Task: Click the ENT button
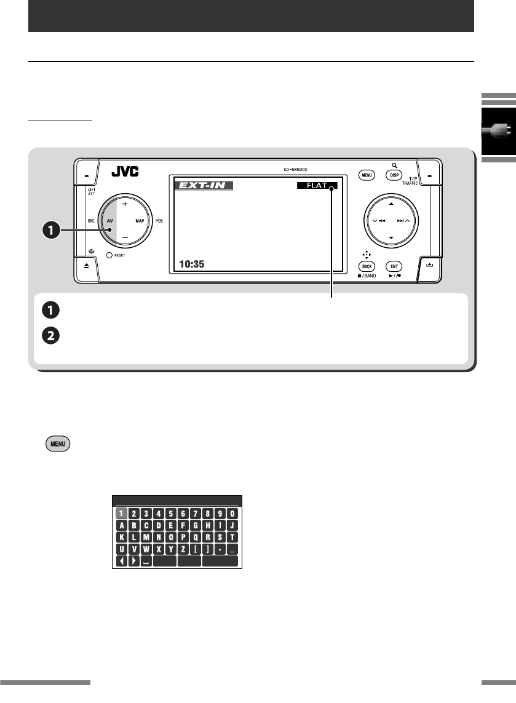394,266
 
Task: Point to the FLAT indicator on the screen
316,185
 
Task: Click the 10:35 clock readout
191,264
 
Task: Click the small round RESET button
109,255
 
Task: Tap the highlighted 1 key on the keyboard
122,513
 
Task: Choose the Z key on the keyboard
182,549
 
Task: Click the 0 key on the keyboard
232,513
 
